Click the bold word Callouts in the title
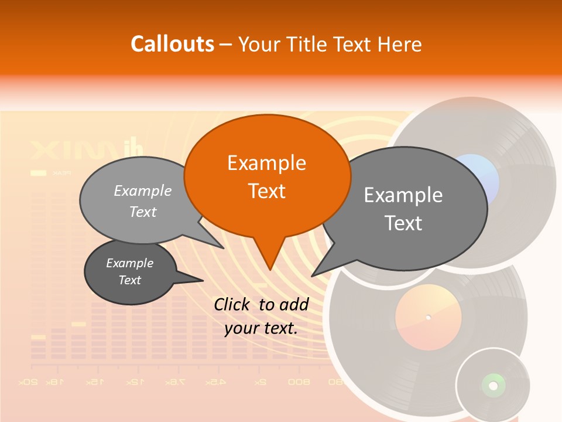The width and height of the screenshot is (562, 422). click(172, 44)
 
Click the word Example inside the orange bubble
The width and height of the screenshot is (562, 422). click(266, 163)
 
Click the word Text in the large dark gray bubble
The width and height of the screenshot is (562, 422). click(403, 223)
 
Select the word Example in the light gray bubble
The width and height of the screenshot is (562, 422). click(143, 191)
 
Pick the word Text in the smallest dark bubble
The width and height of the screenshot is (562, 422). click(130, 280)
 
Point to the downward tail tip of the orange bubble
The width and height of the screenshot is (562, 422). click(270, 269)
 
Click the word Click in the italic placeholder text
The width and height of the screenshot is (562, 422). click(233, 304)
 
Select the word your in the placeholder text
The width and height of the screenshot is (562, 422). click(242, 328)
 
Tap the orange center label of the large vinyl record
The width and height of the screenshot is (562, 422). click(428, 318)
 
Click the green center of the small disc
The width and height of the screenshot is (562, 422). click(493, 385)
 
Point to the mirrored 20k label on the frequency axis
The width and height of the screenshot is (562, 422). click(29, 382)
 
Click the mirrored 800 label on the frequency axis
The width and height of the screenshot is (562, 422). click(299, 382)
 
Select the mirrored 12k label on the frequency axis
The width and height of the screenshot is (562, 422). click(135, 382)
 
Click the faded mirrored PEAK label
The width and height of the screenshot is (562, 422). click(61, 173)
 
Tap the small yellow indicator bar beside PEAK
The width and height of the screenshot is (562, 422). click(38, 173)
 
